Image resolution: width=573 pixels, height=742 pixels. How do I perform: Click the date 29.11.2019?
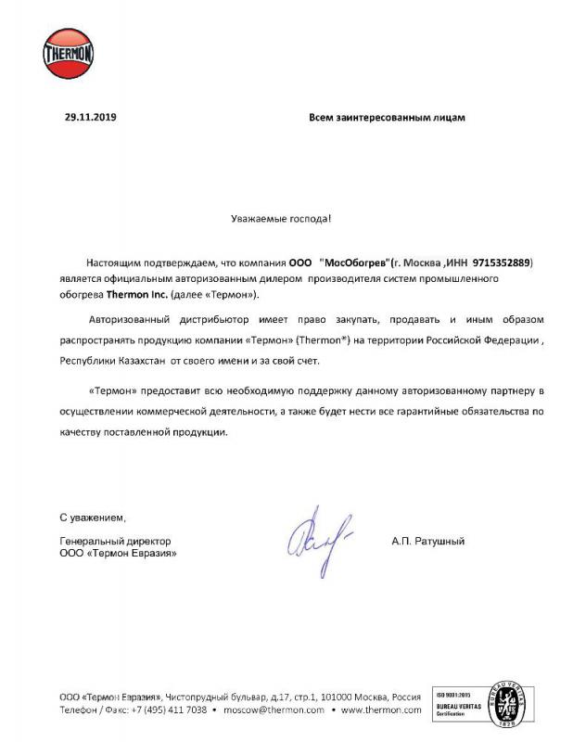[91, 118]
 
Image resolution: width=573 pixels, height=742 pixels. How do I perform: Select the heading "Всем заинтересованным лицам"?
[387, 118]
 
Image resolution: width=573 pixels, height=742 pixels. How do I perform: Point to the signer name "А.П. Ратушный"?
[427, 541]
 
